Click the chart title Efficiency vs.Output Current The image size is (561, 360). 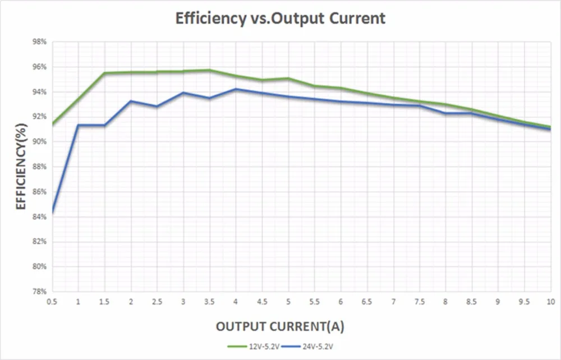[280, 18]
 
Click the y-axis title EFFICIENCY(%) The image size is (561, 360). [21, 167]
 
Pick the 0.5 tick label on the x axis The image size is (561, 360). [52, 302]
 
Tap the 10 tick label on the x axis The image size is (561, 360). [551, 302]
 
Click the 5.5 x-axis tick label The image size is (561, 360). [314, 302]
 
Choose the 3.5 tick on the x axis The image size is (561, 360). [209, 302]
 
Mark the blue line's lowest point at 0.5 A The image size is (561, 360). [52, 213]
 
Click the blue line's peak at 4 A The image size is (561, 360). [236, 89]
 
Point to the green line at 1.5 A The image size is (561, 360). [105, 73]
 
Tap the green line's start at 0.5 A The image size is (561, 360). [52, 124]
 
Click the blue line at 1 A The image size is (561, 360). [79, 125]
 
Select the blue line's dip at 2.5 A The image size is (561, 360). [157, 106]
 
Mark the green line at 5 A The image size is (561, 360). [288, 79]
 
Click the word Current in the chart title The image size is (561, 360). [357, 18]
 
